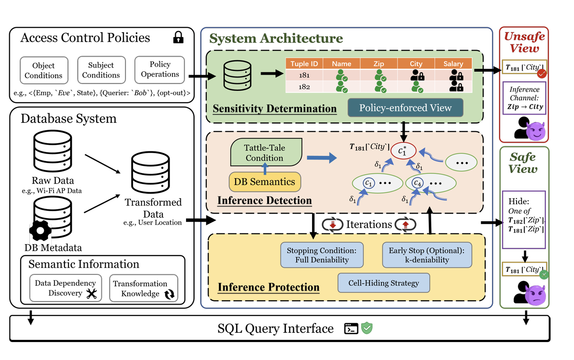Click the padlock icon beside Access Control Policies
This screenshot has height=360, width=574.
point(178,38)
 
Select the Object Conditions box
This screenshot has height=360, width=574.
point(44,70)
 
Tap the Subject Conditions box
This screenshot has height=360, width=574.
point(101,70)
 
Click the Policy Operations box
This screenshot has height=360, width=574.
point(159,69)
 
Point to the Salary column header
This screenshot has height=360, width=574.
point(453,64)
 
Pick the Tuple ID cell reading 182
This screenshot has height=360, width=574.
point(304,87)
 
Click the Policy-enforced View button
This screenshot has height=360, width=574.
point(405,108)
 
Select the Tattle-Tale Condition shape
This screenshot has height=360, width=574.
point(265,153)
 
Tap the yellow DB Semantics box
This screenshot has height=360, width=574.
point(265,182)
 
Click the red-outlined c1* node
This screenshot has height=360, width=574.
point(403,151)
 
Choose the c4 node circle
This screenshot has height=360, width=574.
point(417,184)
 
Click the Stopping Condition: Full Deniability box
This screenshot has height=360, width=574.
point(322,255)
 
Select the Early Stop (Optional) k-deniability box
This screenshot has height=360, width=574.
point(427,255)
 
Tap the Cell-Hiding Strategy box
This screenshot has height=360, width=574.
point(383,283)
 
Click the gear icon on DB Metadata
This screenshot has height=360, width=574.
point(40,231)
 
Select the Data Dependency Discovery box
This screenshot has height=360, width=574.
point(66,288)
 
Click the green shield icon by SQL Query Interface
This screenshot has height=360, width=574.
point(367,328)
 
